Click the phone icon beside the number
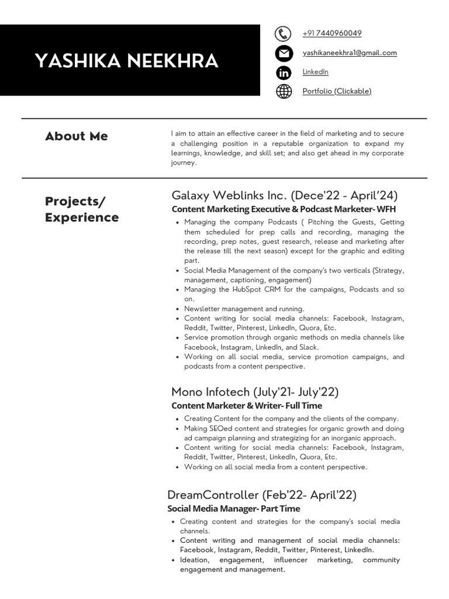pos(283,34)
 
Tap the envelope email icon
pos(283,53)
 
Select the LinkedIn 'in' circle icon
pos(283,73)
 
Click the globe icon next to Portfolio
pos(283,91)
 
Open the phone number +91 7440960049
pos(331,33)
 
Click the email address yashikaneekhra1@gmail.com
pos(349,53)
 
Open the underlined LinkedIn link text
pos(315,72)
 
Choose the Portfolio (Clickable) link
pos(337,91)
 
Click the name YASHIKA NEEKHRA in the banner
pos(126,61)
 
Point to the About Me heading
pos(77,136)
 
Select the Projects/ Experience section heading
pos(82,209)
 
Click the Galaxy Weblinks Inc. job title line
pos(284,195)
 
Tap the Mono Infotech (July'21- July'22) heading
pos(255,392)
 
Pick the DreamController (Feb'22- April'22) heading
pos(261,495)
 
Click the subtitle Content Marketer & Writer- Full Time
pos(247,405)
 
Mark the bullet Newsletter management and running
pos(244,309)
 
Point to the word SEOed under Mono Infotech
pos(219,428)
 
